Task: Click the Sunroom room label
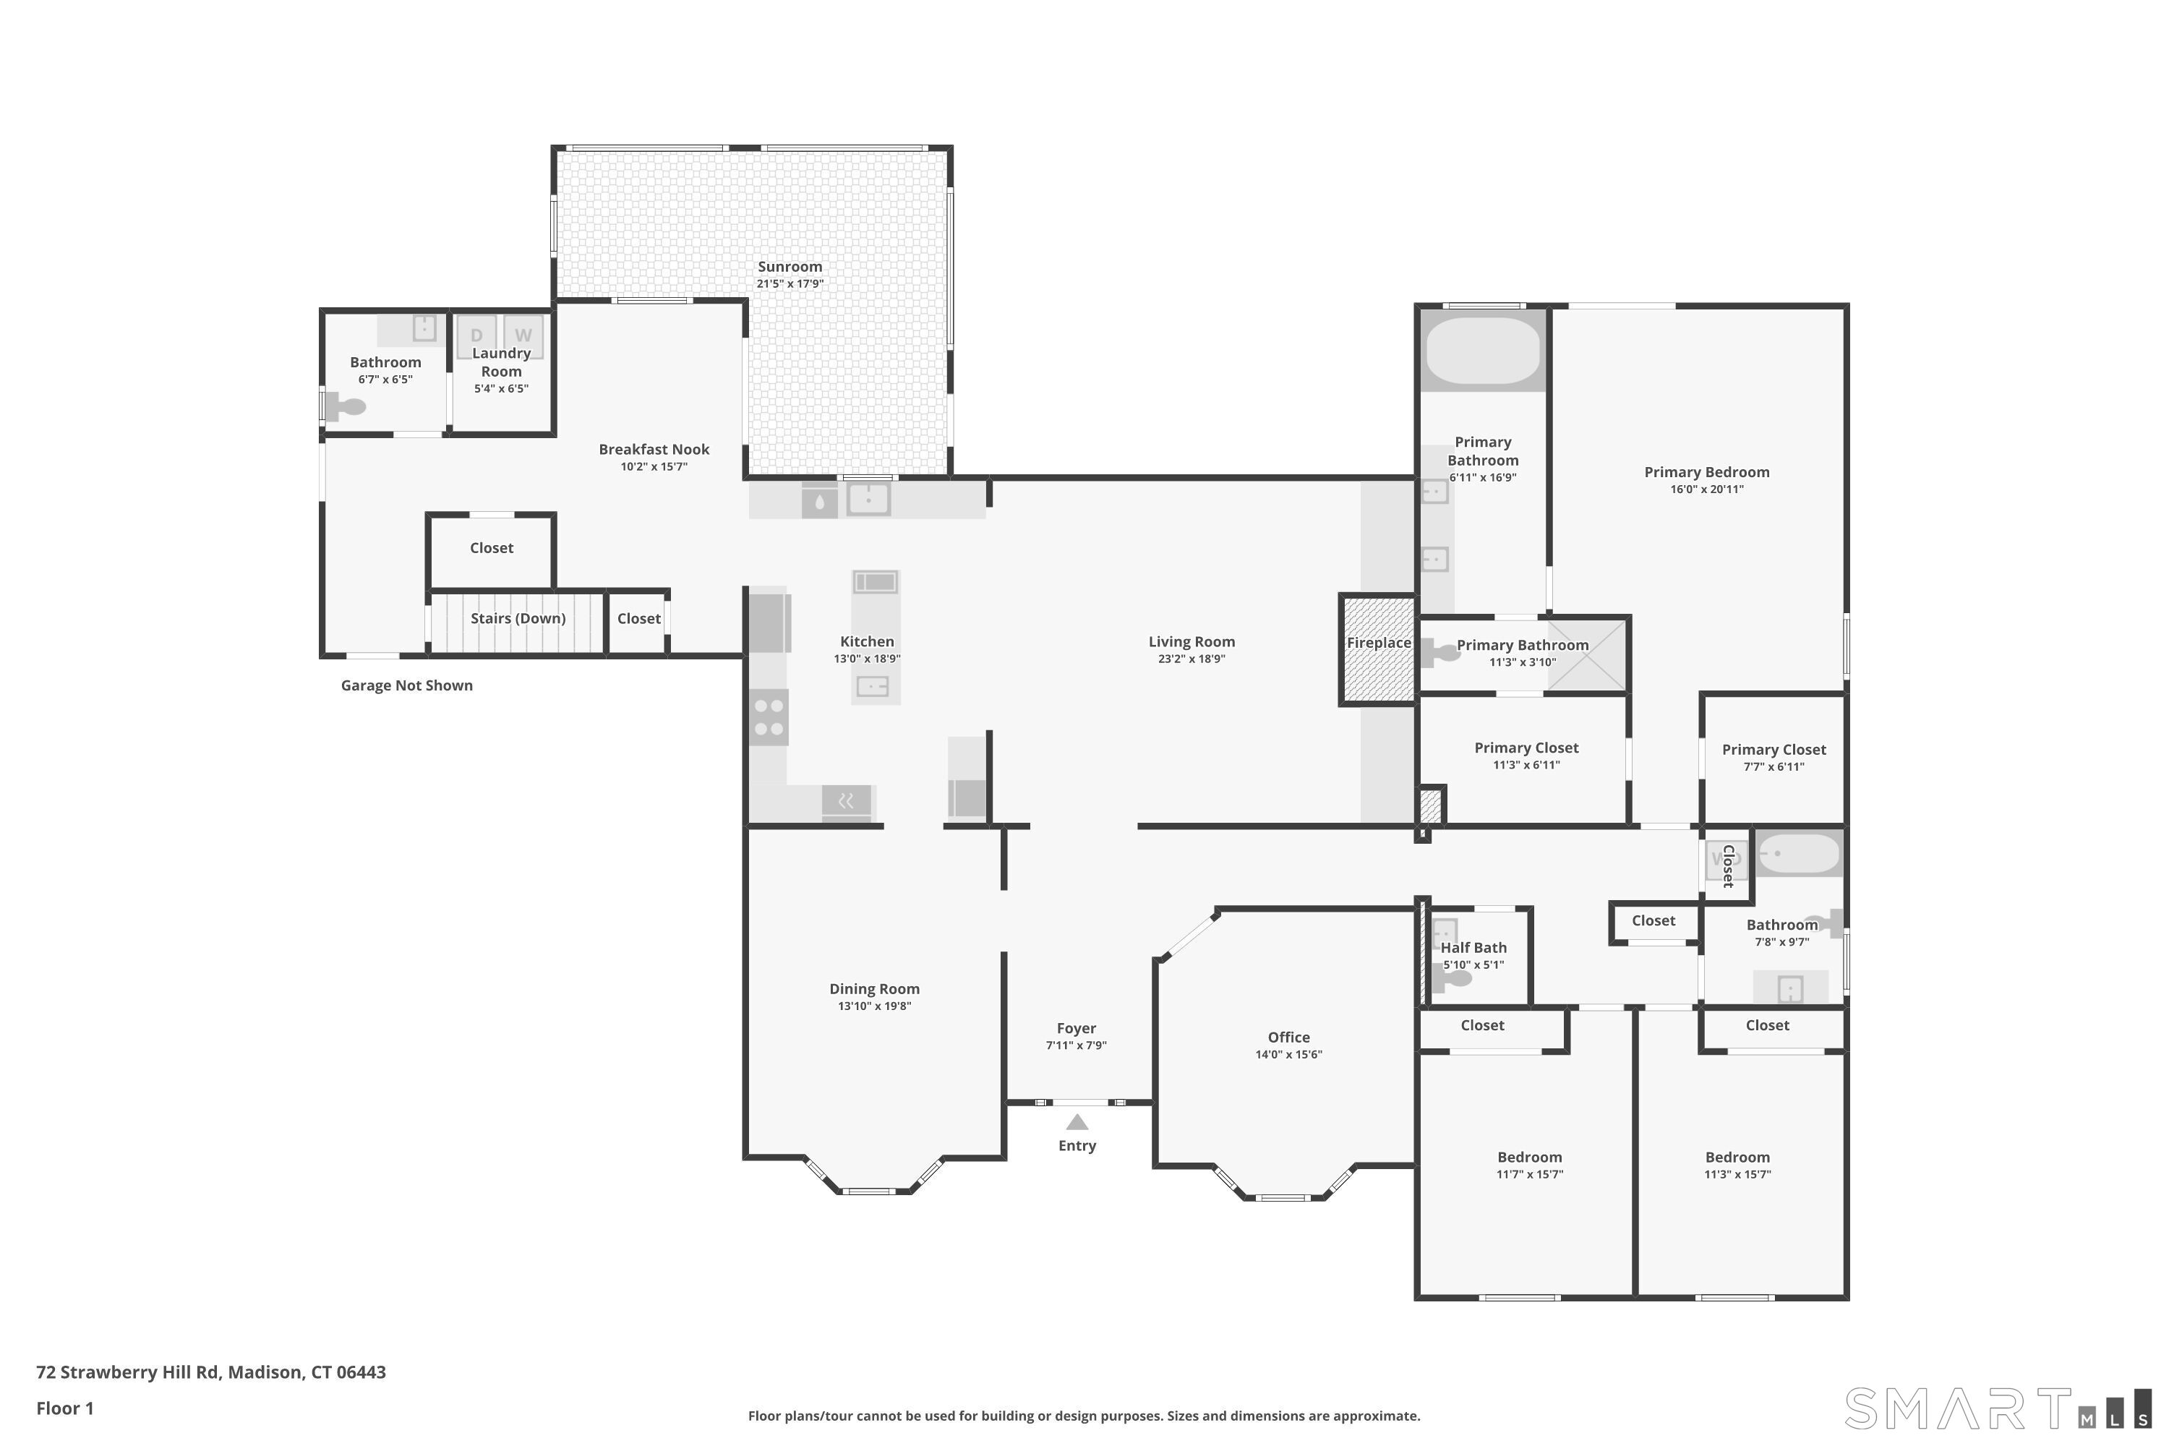tap(790, 267)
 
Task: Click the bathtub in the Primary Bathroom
tap(1483, 351)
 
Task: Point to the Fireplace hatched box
tap(1378, 649)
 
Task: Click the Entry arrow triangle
tap(1077, 1122)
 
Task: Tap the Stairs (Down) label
tap(518, 618)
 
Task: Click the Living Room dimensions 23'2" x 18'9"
tap(1192, 659)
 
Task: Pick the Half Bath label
tap(1473, 947)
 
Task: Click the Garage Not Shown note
tap(406, 685)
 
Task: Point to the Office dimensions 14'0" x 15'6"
tap(1288, 1054)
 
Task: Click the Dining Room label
tap(874, 988)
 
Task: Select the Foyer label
tap(1077, 1028)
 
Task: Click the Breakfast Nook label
tap(654, 449)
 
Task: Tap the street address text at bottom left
tap(211, 1372)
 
